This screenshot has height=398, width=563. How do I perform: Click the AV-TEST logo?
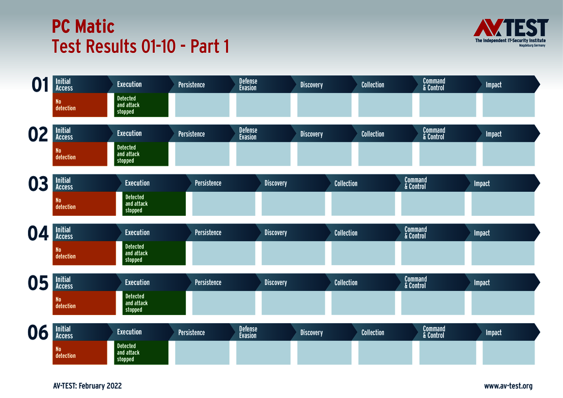point(511,33)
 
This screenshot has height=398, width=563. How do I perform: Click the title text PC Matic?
point(83,26)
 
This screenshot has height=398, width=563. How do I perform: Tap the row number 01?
point(40,85)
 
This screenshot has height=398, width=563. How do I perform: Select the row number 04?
point(38,234)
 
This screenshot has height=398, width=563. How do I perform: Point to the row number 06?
point(38,333)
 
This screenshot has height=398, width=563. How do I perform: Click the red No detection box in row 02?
point(80,154)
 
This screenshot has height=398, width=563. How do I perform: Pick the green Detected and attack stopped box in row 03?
point(154,204)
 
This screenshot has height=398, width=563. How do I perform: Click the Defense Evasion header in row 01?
point(248,84)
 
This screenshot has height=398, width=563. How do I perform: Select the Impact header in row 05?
point(482,282)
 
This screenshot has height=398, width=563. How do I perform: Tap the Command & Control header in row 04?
point(415,233)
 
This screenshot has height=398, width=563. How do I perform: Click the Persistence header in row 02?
point(191,134)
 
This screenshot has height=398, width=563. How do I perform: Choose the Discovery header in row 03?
point(275,183)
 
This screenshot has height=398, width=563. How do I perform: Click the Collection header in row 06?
point(373,332)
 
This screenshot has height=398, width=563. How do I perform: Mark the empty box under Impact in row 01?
point(509,105)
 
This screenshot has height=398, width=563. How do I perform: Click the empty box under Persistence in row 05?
point(223,303)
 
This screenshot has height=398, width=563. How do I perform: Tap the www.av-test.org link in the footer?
point(508,386)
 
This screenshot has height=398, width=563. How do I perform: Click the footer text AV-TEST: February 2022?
point(87,386)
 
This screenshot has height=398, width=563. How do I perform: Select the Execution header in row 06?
point(129,332)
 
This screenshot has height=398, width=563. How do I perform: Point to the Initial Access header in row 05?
point(64,282)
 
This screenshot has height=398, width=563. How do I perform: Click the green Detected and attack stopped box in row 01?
point(141,105)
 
